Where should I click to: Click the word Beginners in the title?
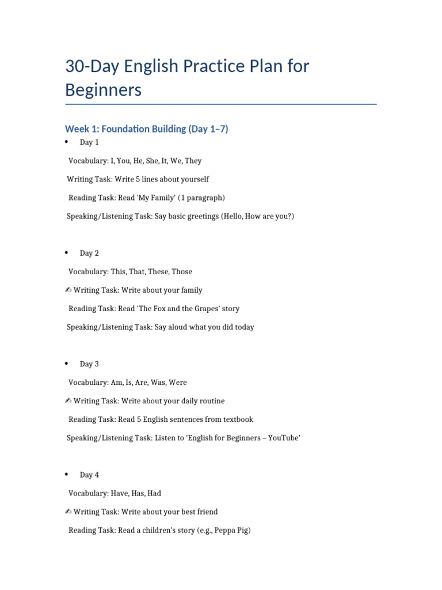click(103, 90)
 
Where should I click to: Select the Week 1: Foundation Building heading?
click(146, 128)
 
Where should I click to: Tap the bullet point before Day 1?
click(67, 142)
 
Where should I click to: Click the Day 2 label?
click(89, 253)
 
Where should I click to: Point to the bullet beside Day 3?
click(67, 364)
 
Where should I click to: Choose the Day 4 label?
click(89, 475)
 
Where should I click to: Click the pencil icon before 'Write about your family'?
click(68, 290)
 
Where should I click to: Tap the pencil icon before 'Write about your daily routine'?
click(68, 400)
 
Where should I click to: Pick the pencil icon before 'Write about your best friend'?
click(68, 511)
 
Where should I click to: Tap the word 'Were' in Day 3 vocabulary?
click(177, 382)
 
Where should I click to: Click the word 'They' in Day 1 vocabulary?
click(193, 161)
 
